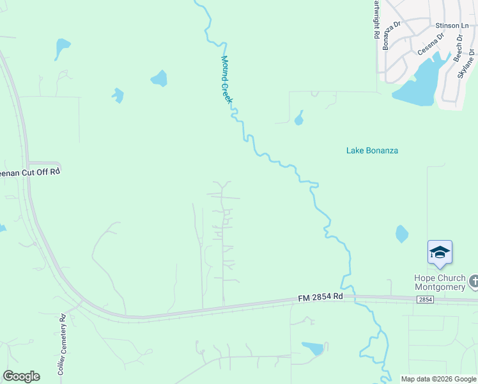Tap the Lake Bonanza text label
[372, 150]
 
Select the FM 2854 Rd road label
[321, 297]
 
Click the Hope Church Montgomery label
[440, 282]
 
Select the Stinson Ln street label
[447, 26]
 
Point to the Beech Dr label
[458, 49]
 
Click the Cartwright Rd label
[376, 19]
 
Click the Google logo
[21, 376]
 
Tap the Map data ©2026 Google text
[438, 379]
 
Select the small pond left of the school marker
[401, 234]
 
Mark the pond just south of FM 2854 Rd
[313, 348]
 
